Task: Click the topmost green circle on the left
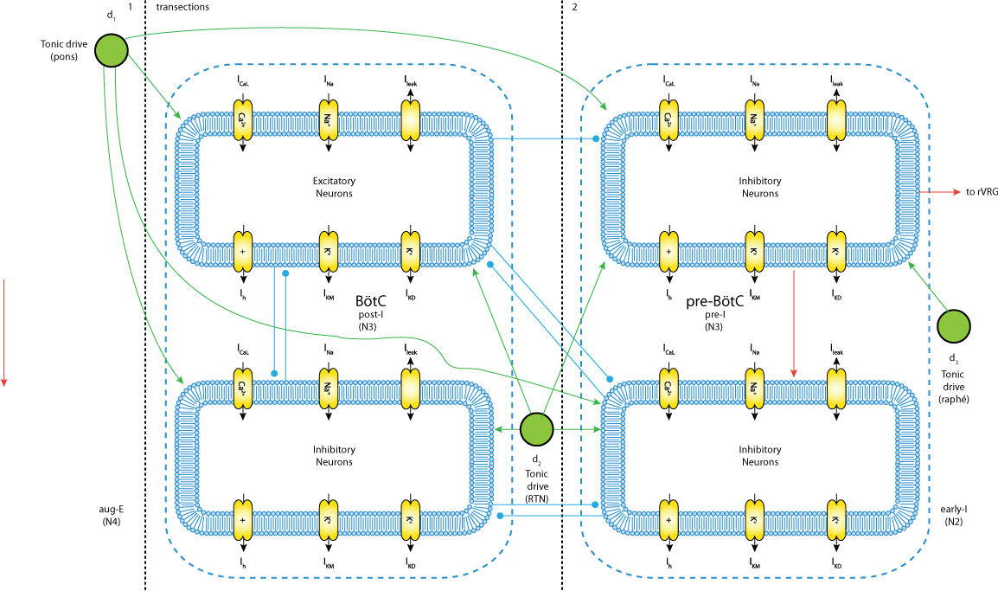(x=112, y=50)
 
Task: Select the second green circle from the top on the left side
(x=112, y=222)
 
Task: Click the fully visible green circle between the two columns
(x=536, y=429)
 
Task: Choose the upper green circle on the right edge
(x=954, y=326)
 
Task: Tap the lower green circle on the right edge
(x=954, y=498)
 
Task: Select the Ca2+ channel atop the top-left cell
(x=243, y=120)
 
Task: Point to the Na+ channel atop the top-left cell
(x=328, y=120)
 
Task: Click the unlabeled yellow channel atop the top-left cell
(x=410, y=120)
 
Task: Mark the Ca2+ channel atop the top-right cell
(x=669, y=120)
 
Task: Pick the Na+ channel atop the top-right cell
(x=754, y=120)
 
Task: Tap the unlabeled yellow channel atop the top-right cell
(x=836, y=120)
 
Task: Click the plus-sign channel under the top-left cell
(x=243, y=252)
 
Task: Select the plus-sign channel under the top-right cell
(x=669, y=252)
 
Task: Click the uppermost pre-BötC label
(x=714, y=302)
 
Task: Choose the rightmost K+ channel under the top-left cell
(x=410, y=252)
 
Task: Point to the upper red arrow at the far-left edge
(x=4, y=332)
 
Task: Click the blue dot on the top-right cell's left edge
(x=596, y=138)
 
